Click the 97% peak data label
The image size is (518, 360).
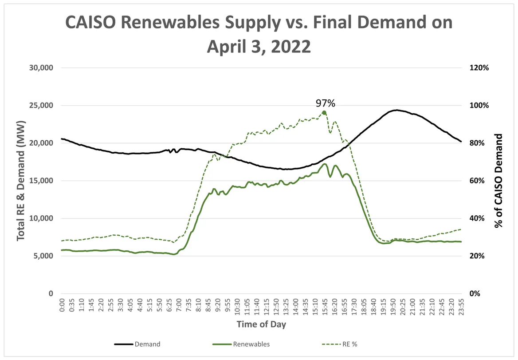click(325, 103)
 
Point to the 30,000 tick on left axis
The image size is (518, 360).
click(40, 68)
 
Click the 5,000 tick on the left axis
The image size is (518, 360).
click(42, 256)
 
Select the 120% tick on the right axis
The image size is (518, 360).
click(479, 68)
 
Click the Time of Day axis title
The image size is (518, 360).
click(261, 324)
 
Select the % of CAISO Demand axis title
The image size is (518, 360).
click(499, 181)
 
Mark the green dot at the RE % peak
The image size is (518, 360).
click(324, 113)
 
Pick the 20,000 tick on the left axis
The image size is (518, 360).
click(40, 143)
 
